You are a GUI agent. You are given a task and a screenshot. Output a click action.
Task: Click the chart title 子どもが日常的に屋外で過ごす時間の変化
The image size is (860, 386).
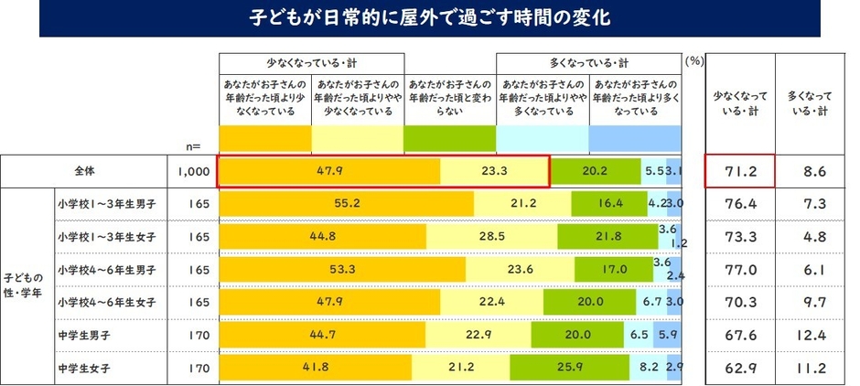click(429, 17)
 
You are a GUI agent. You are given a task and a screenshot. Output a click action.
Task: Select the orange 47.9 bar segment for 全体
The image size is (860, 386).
click(328, 170)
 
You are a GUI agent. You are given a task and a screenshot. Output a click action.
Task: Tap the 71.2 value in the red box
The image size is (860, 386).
click(740, 170)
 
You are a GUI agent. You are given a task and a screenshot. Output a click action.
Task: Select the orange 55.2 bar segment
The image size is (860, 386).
click(346, 203)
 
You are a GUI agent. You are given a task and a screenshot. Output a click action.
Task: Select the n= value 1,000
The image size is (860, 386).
click(191, 170)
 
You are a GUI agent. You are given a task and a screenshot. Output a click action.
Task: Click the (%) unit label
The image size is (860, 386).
click(693, 61)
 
